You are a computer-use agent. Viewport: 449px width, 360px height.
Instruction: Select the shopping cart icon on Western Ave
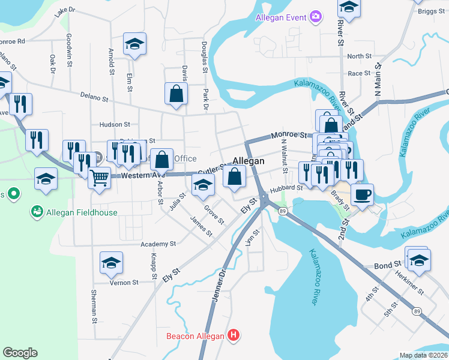pos(99,177)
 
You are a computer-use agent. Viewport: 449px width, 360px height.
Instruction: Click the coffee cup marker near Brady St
pos(363,194)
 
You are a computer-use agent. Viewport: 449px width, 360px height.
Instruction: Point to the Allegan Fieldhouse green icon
pos(37,212)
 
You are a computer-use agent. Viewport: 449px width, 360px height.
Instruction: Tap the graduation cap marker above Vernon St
pos(111,262)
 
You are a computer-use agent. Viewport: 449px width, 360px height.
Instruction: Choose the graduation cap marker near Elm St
pos(134,43)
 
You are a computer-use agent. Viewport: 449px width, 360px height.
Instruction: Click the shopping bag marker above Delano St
pos(176,94)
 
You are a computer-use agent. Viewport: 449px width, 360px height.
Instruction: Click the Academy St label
pos(158,244)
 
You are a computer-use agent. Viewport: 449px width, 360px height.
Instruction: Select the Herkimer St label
pos(409,281)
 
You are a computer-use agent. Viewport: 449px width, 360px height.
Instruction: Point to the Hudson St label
pos(115,125)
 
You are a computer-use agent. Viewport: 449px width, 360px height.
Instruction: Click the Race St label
pos(360,73)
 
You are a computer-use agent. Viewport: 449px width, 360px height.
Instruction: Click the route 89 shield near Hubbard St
pos(282,211)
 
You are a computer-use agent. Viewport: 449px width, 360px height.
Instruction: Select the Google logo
pos(20,353)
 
